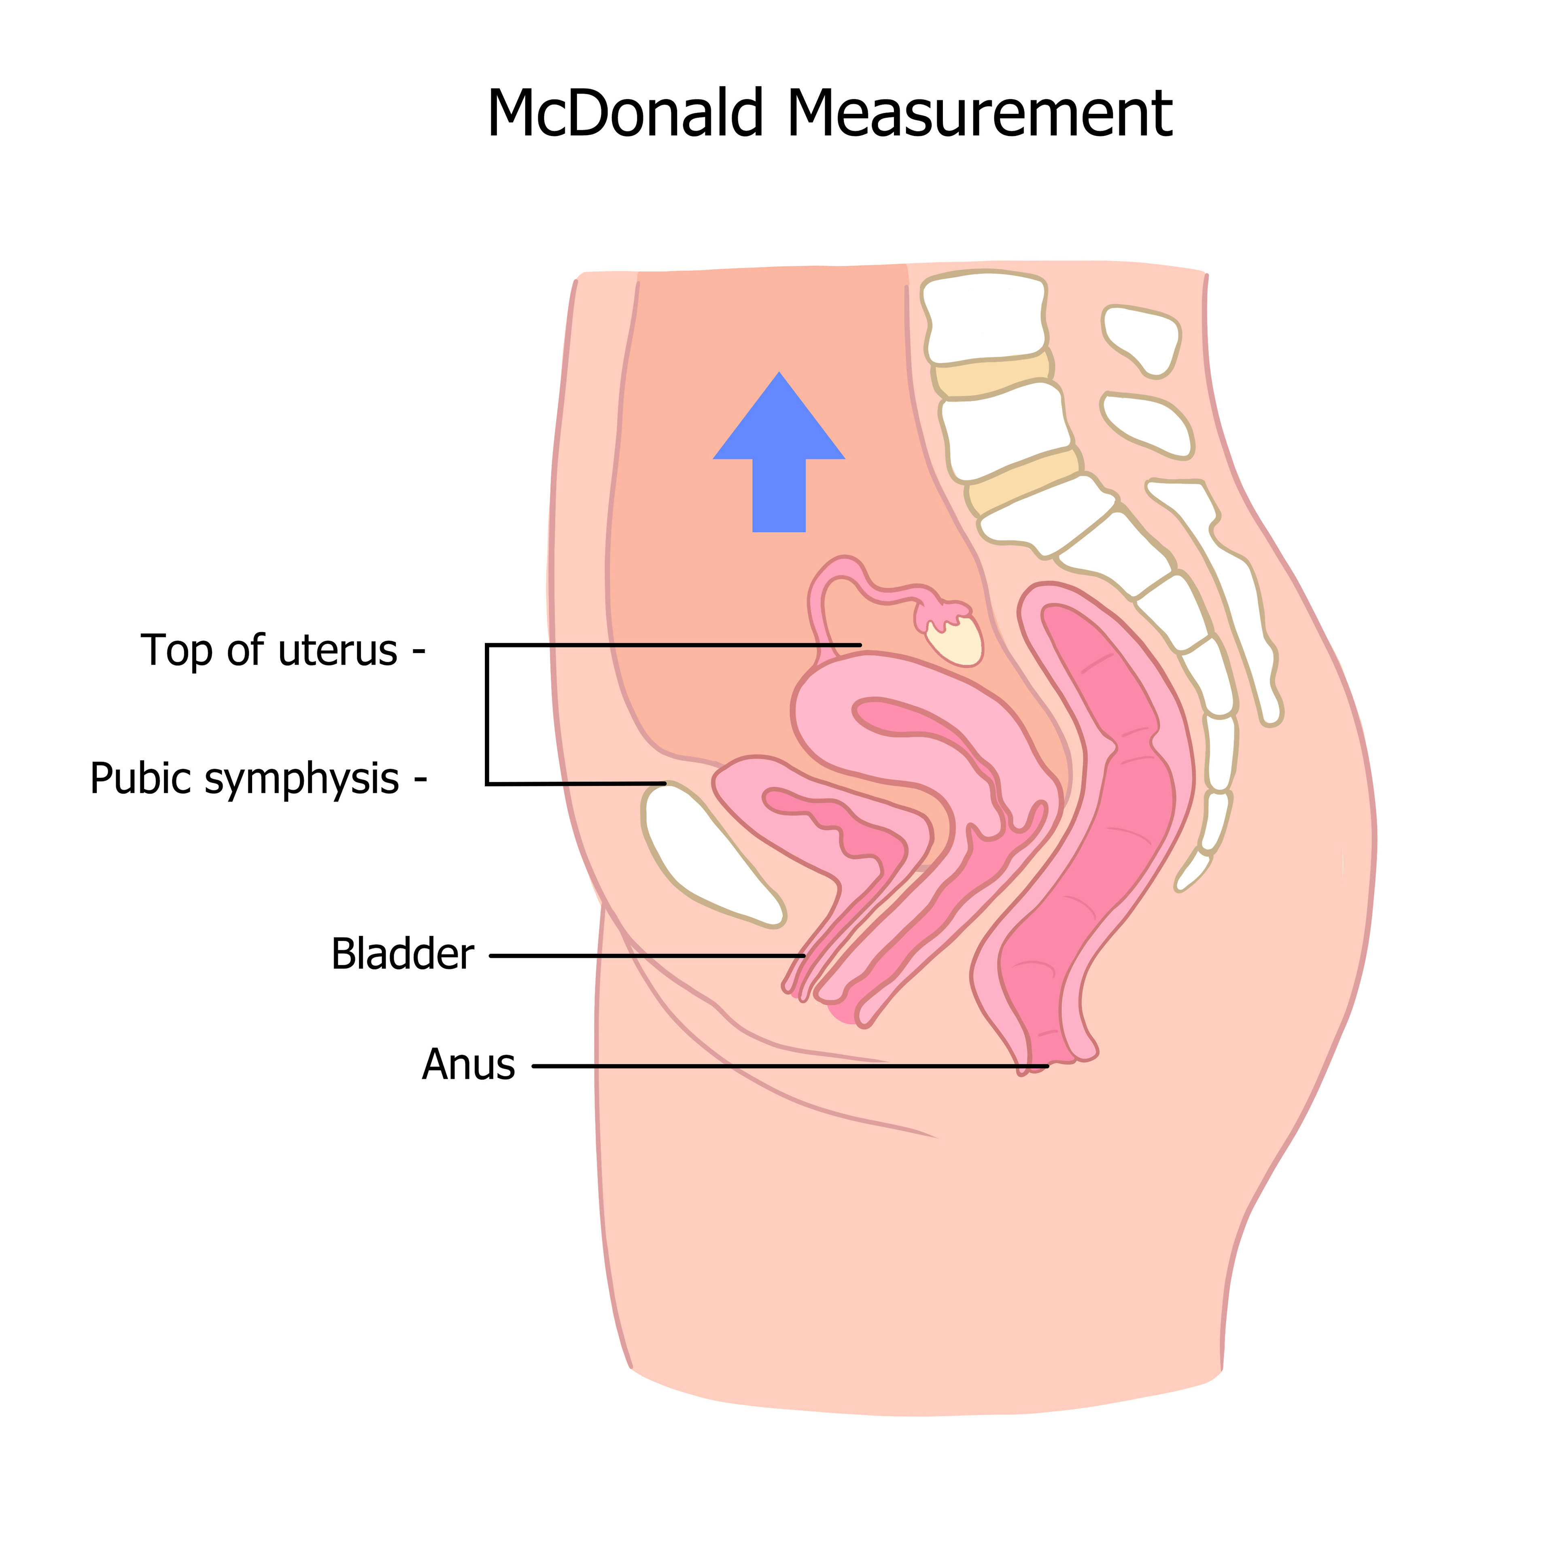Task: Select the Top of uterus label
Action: point(270,651)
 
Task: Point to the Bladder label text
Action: point(402,955)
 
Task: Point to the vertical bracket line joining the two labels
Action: point(487,714)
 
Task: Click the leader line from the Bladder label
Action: point(643,955)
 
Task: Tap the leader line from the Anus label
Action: point(788,1067)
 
